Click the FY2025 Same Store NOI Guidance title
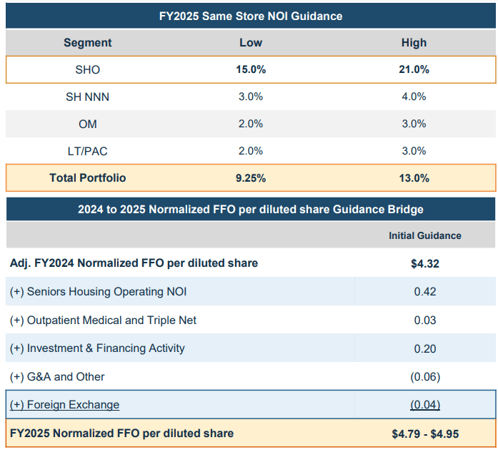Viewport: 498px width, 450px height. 250,15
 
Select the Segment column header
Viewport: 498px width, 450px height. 88,43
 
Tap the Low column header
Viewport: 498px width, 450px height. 250,43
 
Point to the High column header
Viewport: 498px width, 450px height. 414,43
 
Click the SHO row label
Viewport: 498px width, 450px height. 88,70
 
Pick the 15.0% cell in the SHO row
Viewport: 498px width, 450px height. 250,70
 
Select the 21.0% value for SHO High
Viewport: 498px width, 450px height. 414,70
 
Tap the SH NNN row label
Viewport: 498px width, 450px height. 88,97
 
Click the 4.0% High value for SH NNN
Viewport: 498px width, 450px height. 414,97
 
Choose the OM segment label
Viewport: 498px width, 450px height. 88,124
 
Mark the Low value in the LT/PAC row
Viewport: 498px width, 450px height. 250,151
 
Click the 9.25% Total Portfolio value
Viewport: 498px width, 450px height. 250,177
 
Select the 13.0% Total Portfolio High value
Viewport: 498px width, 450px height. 414,177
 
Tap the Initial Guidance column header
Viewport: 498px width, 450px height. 424,235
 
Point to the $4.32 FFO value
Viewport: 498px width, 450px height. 424,263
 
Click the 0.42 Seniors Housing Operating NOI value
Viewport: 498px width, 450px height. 424,292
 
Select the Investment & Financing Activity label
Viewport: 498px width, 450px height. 97,348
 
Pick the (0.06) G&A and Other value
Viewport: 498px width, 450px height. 424,377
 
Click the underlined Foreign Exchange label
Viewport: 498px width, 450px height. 65,405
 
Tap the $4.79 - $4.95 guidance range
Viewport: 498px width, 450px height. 424,434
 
